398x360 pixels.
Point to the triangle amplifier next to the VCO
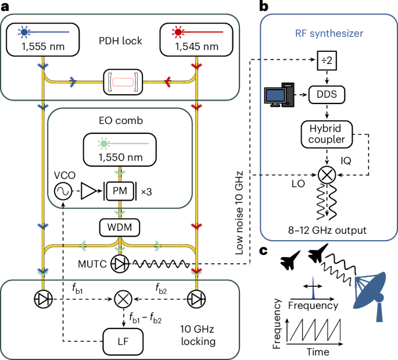click(87, 191)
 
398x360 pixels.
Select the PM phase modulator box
click(120, 191)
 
